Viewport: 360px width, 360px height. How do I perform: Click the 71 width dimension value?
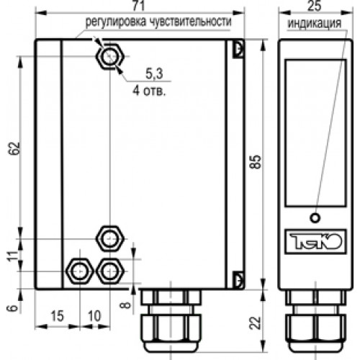[139, 6]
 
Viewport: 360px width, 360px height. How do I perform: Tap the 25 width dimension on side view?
[315, 6]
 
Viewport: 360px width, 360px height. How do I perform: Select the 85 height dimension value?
[256, 162]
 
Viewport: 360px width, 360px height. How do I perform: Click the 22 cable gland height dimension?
[256, 323]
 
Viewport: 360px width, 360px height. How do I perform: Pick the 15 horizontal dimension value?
[57, 316]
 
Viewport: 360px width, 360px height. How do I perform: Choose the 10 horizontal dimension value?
[94, 316]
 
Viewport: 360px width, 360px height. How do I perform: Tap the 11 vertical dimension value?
[14, 256]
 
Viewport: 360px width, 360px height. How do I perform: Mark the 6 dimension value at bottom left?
[14, 308]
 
